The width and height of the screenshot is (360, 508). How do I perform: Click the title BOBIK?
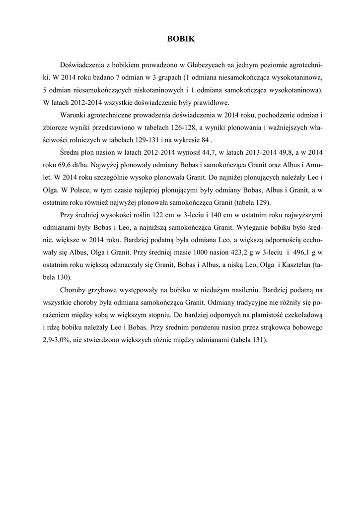[180, 38]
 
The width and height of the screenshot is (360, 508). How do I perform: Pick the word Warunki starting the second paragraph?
[73, 116]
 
